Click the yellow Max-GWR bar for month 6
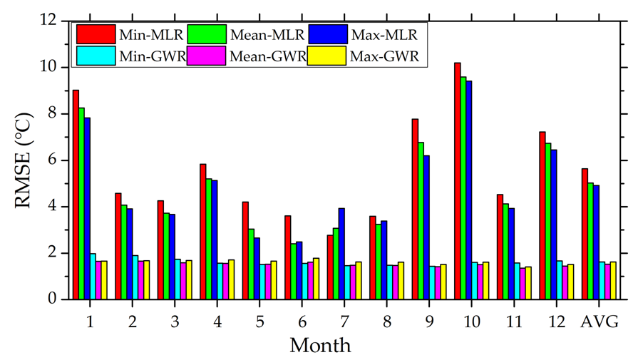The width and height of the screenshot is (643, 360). coord(316,279)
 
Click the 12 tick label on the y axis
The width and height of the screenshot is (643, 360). coord(48,21)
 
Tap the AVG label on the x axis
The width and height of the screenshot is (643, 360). coord(600,321)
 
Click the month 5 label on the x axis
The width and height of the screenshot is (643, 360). coord(259,321)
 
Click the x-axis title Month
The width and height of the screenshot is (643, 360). coord(320,345)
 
